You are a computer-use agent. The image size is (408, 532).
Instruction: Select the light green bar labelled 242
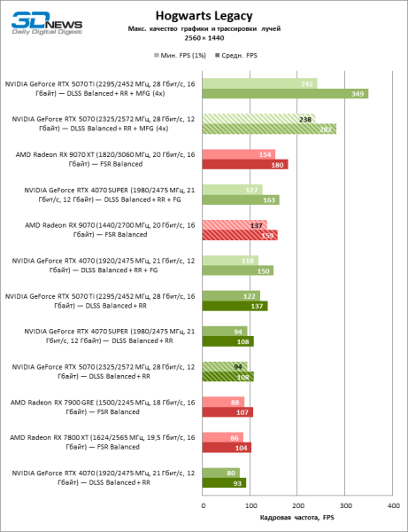point(259,83)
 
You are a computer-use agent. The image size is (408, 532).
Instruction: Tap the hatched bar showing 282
point(269,129)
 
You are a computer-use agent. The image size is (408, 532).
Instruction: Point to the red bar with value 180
point(245,164)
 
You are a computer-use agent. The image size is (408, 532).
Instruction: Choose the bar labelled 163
point(241,199)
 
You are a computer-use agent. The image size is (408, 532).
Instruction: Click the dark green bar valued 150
point(238,270)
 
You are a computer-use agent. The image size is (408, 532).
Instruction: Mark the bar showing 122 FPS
point(231,295)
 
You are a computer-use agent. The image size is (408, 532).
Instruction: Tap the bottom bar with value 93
point(225,483)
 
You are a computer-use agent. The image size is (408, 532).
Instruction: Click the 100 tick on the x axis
point(250,505)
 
